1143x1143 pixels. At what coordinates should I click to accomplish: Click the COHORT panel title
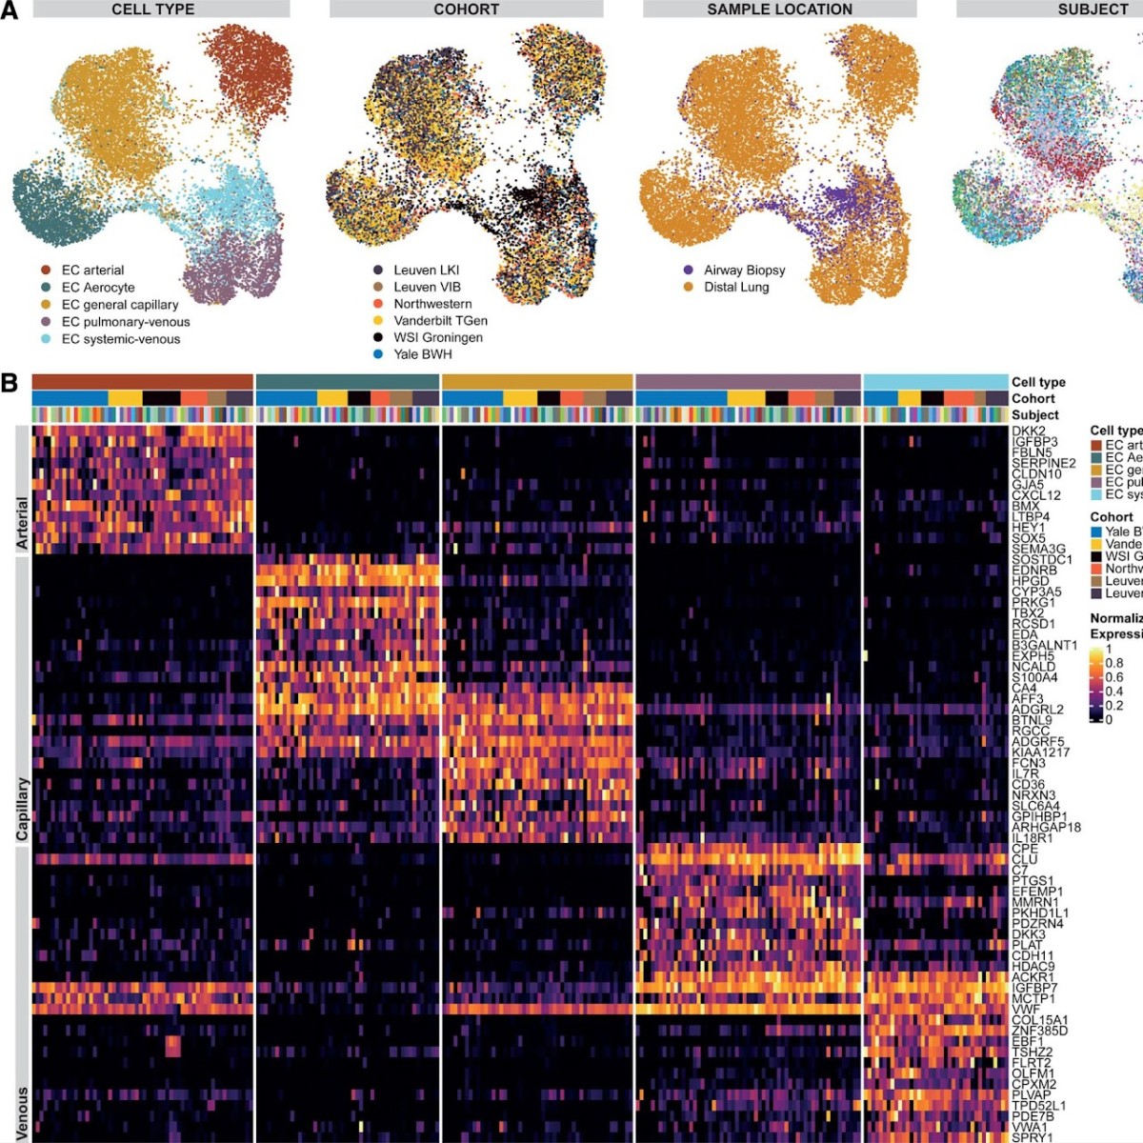(466, 10)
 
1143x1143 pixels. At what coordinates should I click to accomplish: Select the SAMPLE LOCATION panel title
(779, 10)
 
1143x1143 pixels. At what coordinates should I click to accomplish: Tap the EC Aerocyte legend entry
(97, 288)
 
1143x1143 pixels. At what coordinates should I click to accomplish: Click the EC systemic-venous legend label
(120, 339)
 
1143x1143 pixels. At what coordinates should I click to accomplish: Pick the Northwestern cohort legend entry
(432, 304)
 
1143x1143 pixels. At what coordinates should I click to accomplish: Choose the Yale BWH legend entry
(422, 354)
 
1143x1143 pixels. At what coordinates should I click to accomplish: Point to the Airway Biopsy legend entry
(744, 271)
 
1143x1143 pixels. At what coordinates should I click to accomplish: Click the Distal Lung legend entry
(735, 287)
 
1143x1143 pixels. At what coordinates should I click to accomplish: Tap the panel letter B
(10, 384)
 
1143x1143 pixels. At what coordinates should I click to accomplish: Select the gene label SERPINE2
(1043, 463)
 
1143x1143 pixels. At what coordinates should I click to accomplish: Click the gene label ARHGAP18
(1046, 827)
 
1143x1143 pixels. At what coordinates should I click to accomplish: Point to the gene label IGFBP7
(1034, 988)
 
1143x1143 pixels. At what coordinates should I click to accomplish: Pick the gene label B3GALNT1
(1044, 645)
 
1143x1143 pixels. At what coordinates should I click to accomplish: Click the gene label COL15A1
(1039, 1020)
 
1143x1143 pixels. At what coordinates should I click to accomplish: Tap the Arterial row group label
(22, 523)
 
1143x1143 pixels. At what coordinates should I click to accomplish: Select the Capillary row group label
(22, 810)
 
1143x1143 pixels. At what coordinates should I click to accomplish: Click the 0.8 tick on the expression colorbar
(1113, 663)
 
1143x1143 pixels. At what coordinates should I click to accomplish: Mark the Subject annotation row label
(1034, 415)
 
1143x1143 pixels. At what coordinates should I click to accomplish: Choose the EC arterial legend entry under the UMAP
(92, 271)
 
